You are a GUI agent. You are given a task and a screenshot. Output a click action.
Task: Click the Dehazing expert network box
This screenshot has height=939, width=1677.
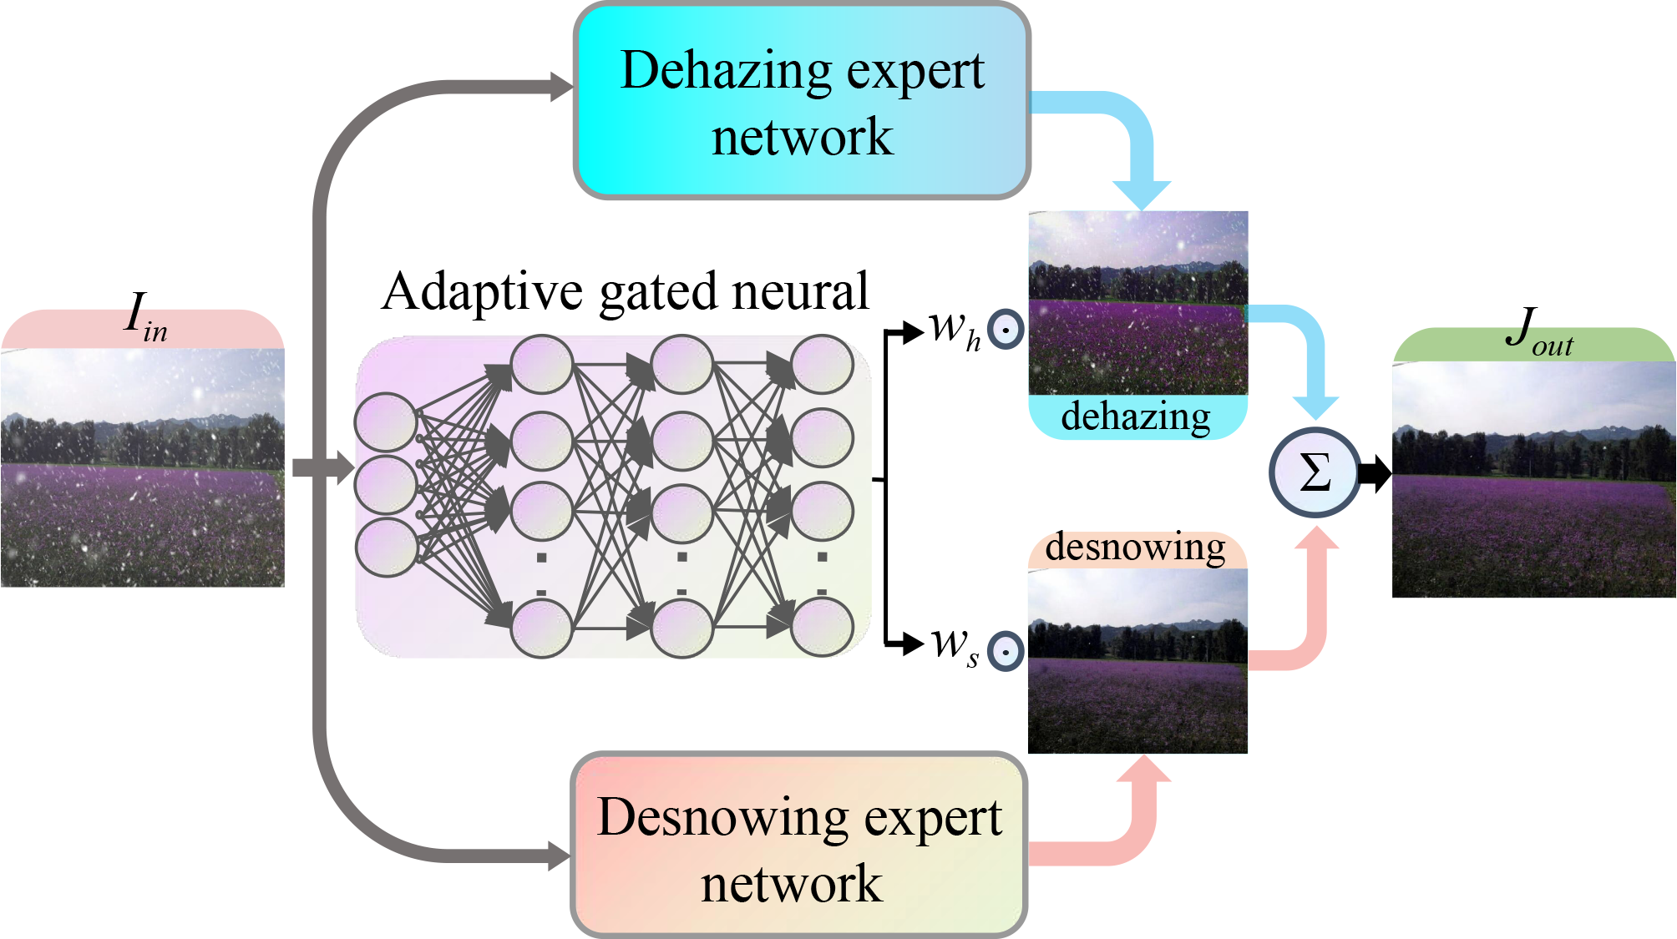[x=802, y=101]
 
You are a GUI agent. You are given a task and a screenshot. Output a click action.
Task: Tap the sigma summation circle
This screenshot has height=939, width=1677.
[x=1315, y=472]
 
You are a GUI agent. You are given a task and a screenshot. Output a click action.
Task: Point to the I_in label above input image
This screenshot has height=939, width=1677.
[x=145, y=318]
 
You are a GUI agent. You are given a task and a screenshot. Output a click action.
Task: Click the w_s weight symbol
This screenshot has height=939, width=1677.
[x=954, y=646]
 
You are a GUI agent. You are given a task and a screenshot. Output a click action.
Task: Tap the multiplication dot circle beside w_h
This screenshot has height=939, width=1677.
[x=1006, y=330]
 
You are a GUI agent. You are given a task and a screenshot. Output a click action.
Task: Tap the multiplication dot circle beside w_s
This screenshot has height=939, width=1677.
[x=1006, y=651]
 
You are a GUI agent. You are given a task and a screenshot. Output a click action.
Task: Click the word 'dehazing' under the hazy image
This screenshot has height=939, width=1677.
[x=1136, y=416]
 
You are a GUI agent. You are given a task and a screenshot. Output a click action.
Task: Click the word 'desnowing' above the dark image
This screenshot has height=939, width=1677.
[x=1135, y=548]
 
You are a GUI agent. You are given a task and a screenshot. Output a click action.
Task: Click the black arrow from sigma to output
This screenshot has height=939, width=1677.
[x=1374, y=473]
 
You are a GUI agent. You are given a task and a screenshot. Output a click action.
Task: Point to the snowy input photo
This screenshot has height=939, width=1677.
[x=143, y=467]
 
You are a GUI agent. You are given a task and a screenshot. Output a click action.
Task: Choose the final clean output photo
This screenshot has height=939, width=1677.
[x=1533, y=479]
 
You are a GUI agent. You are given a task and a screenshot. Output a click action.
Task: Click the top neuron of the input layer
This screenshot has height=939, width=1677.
[x=386, y=422]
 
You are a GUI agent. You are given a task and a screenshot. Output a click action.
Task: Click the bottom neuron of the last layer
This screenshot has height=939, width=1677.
[x=822, y=627]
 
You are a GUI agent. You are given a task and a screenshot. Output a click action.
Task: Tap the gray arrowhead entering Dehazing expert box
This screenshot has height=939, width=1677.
[x=561, y=87]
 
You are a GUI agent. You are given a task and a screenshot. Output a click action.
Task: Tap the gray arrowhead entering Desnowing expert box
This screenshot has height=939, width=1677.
[x=558, y=856]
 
